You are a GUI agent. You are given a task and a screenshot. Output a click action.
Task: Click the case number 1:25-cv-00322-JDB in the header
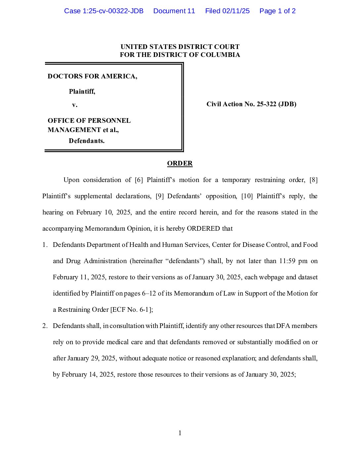pyautogui.click(x=104, y=11)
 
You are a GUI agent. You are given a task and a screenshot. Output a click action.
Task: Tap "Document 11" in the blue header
pyautogui.click(x=174, y=11)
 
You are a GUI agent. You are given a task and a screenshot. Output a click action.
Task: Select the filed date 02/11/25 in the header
pyautogui.click(x=236, y=11)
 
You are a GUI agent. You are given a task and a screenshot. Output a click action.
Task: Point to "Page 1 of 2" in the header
pyautogui.click(x=277, y=11)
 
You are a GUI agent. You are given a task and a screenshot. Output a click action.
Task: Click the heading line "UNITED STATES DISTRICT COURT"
pyautogui.click(x=180, y=47)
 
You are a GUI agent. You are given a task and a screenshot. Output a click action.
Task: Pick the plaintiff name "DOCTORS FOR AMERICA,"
pyautogui.click(x=92, y=76)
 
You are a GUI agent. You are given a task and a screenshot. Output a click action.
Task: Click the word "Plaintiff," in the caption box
pyautogui.click(x=82, y=91)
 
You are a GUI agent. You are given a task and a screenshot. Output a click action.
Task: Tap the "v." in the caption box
pyautogui.click(x=75, y=105)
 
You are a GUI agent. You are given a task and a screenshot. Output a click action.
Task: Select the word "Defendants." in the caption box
pyautogui.click(x=87, y=141)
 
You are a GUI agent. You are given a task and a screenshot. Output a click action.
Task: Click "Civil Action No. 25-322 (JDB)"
pyautogui.click(x=251, y=104)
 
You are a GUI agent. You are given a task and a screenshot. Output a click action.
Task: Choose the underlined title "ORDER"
pyautogui.click(x=180, y=163)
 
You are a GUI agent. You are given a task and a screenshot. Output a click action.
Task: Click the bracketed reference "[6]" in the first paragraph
pyautogui.click(x=139, y=180)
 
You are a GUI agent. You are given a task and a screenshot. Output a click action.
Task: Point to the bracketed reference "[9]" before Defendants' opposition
pyautogui.click(x=159, y=196)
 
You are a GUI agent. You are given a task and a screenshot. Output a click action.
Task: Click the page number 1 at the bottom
pyautogui.click(x=180, y=433)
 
